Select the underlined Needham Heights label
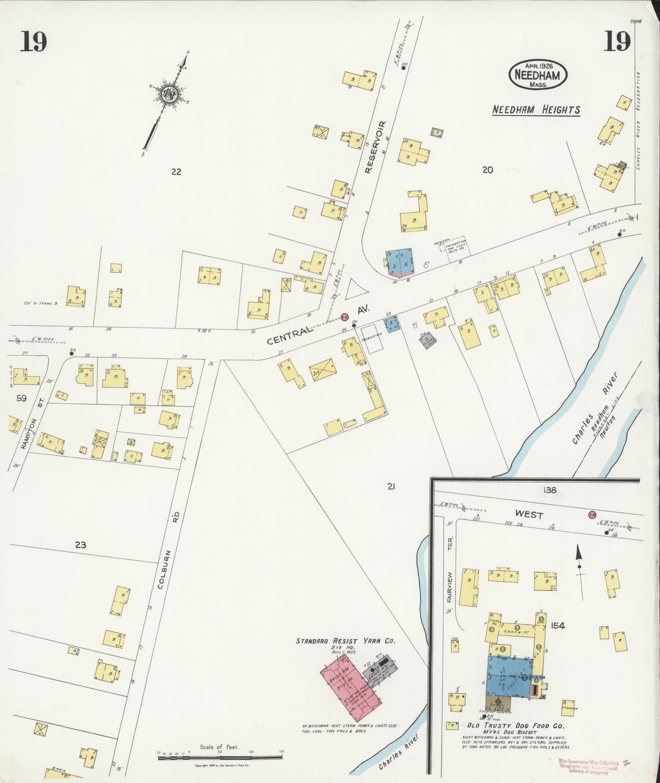tap(536, 110)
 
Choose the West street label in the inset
tap(529, 514)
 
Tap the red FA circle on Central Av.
tap(345, 316)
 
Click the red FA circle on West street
tap(592, 514)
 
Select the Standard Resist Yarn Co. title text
tap(346, 641)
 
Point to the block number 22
tap(176, 172)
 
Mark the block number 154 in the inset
tap(558, 626)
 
